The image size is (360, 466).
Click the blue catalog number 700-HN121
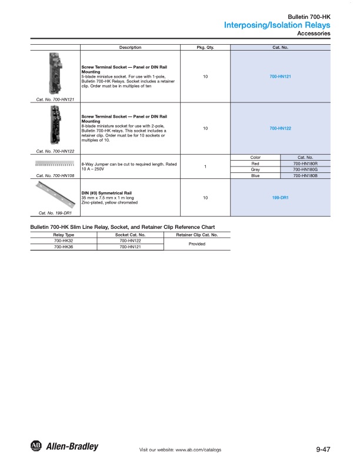[x=281, y=77]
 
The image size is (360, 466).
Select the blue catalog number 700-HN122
[x=281, y=128]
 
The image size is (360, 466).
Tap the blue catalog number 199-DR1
[x=281, y=198]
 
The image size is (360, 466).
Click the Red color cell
[x=255, y=164]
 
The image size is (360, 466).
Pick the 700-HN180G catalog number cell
[x=305, y=169]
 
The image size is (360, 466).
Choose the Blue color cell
[x=255, y=175]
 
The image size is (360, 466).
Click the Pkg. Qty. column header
[x=205, y=47]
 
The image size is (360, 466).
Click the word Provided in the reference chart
[x=196, y=244]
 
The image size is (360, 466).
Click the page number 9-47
[x=323, y=449]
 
